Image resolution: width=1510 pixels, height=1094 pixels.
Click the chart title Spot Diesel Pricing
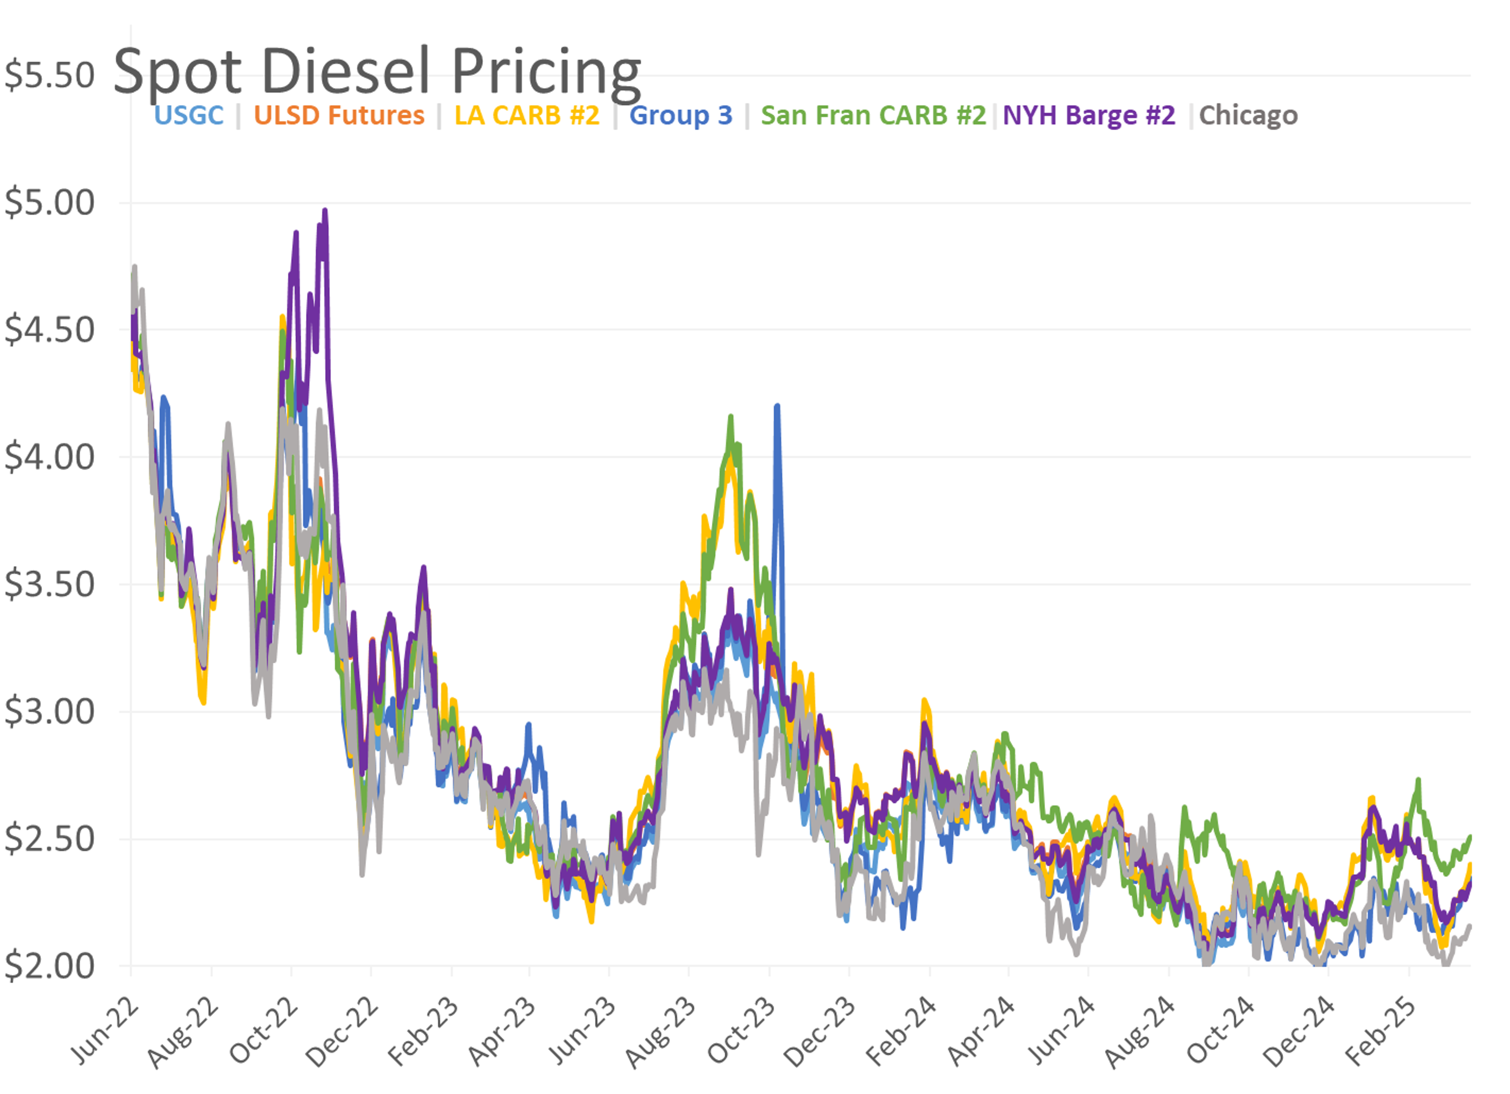coord(377,72)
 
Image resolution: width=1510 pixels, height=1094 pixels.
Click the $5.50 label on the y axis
coord(49,75)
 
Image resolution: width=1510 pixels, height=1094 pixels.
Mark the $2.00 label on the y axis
coord(49,965)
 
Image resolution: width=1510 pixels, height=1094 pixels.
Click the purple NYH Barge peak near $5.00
coord(325,211)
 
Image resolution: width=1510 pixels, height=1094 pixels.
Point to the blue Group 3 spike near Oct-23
coord(777,406)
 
